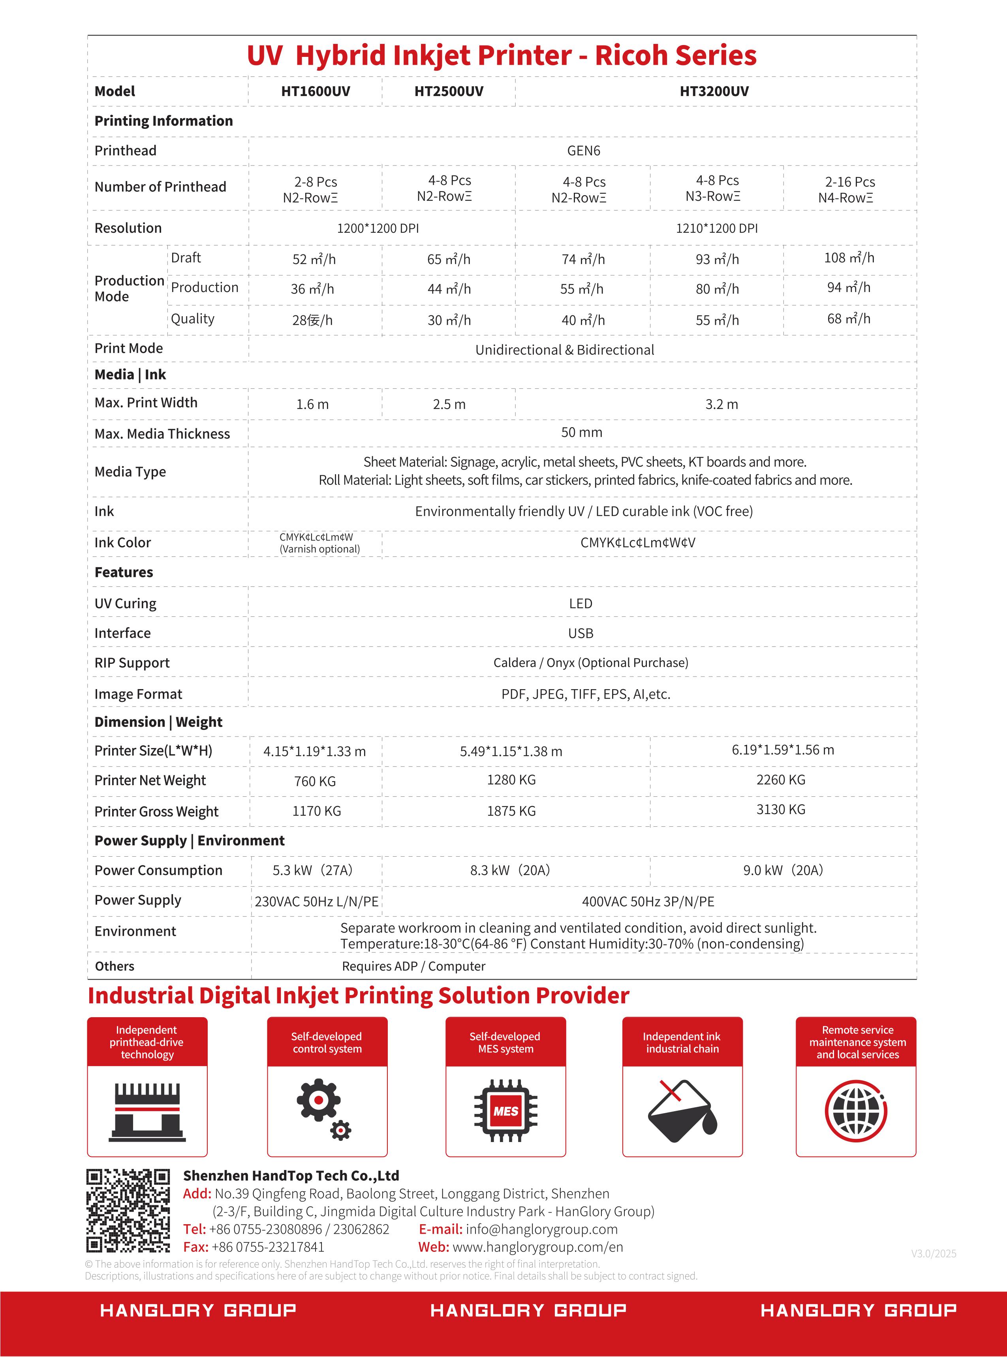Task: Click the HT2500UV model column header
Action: (x=449, y=92)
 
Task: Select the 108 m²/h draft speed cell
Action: (x=849, y=258)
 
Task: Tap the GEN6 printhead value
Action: (x=583, y=151)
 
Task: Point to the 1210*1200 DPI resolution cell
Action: (x=716, y=228)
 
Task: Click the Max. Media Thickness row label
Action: (x=162, y=433)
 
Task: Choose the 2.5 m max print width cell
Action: (x=449, y=404)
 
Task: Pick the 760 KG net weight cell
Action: (x=314, y=781)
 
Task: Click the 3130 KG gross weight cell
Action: (x=780, y=809)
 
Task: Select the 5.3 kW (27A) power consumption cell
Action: (x=313, y=870)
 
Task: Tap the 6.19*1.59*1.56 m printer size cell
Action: (x=783, y=750)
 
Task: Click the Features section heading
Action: (x=124, y=572)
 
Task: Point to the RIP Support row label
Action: (x=132, y=663)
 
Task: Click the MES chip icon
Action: (x=505, y=1110)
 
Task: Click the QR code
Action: (x=128, y=1211)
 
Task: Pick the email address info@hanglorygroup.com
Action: (x=541, y=1229)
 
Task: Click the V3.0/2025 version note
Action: (x=933, y=1253)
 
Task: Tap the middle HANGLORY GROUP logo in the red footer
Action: (x=528, y=1310)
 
